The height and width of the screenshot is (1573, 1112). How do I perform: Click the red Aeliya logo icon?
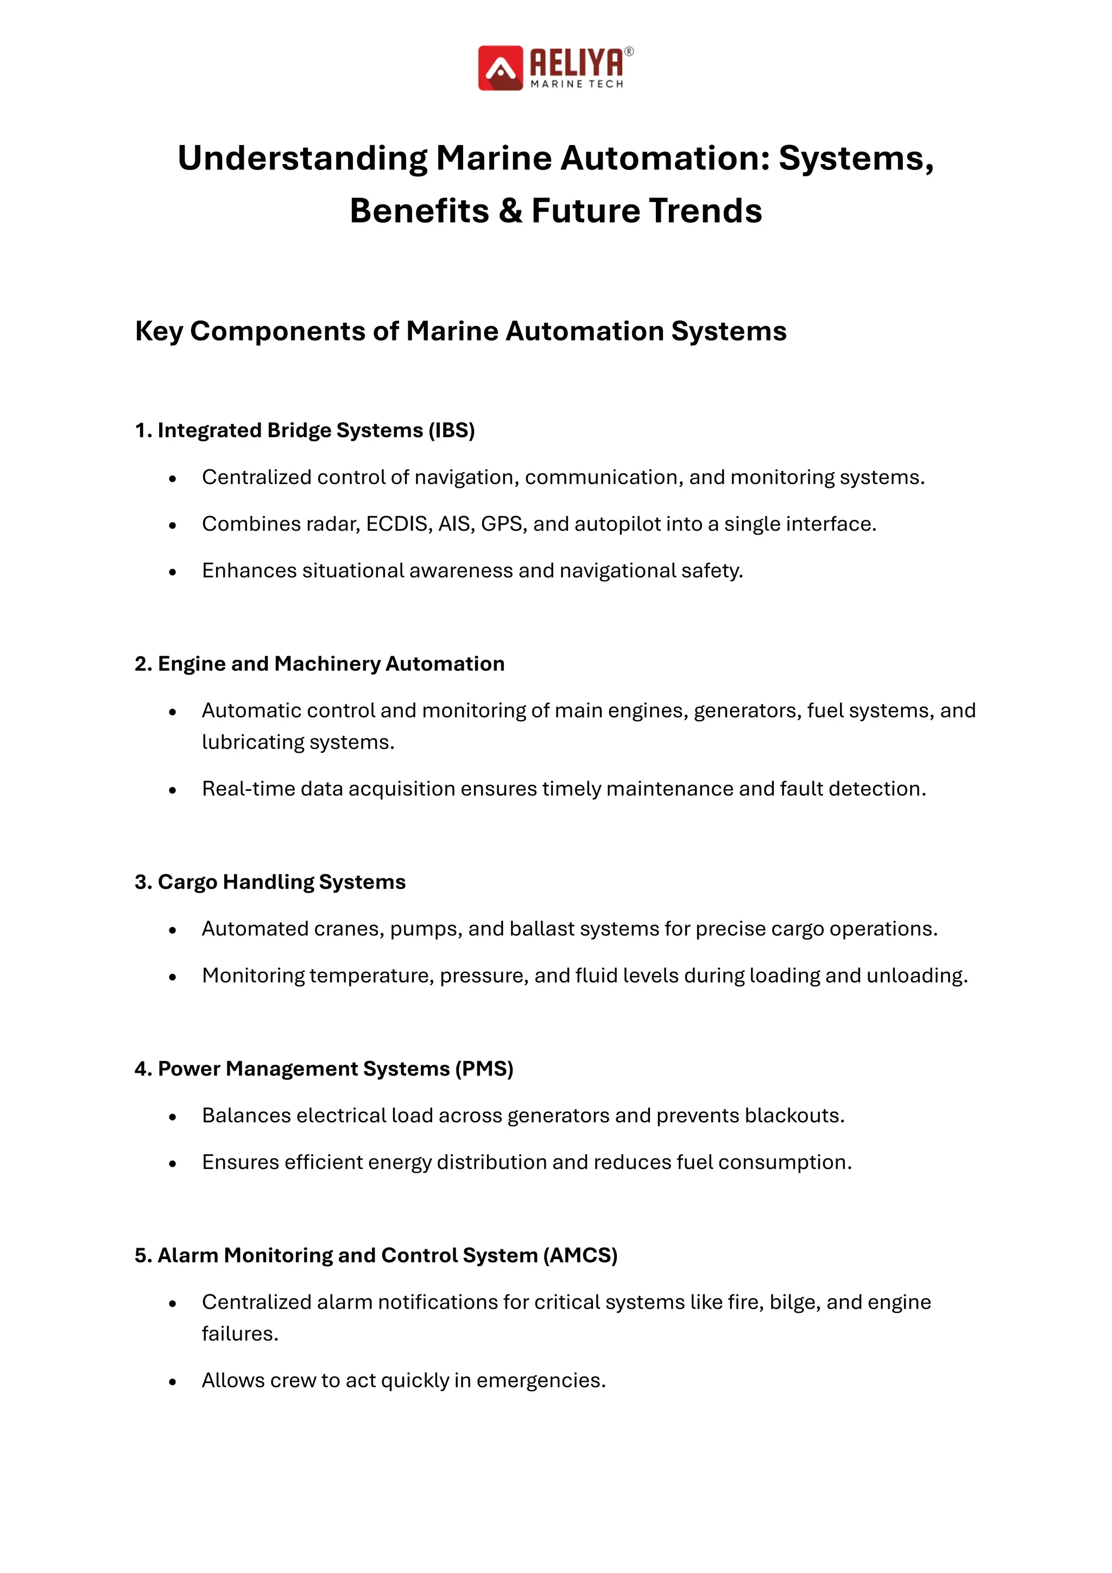click(x=501, y=68)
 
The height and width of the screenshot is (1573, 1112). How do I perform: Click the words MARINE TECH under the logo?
click(x=577, y=84)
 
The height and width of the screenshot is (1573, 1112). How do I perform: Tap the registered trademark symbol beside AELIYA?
click(x=629, y=52)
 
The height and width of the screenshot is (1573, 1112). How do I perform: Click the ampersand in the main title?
click(x=510, y=210)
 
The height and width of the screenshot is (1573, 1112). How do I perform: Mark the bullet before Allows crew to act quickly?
click(x=173, y=1382)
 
